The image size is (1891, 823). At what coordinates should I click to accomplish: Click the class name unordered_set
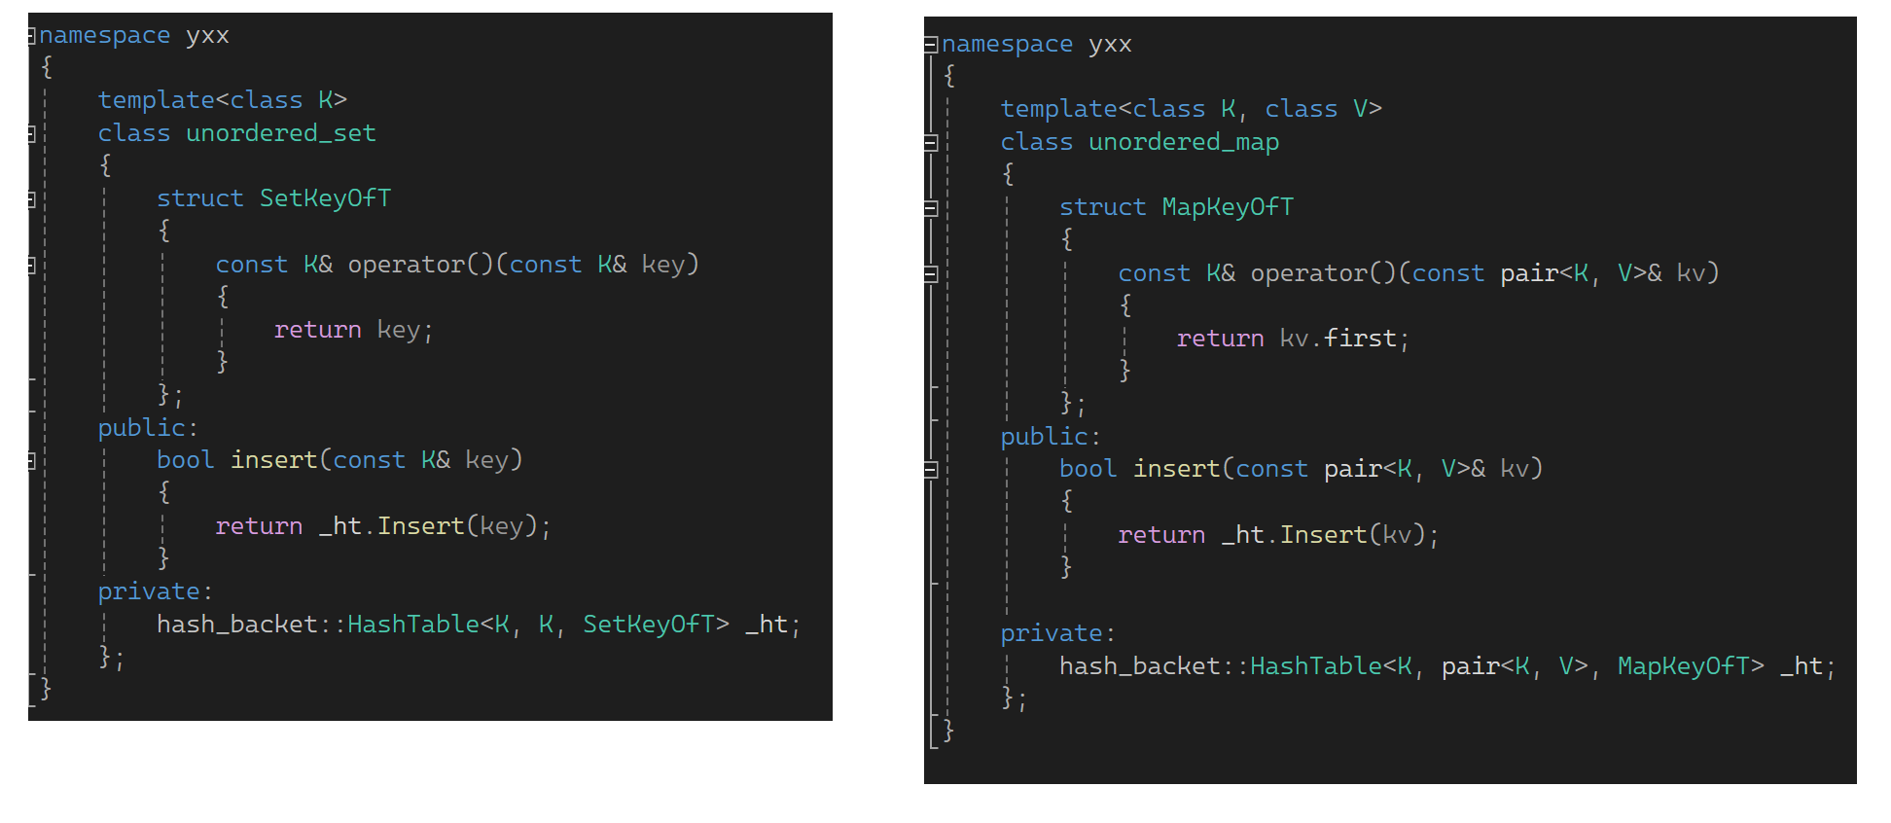(280, 133)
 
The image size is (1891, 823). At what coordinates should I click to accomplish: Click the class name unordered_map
(1183, 142)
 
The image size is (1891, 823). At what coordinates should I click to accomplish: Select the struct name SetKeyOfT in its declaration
(325, 198)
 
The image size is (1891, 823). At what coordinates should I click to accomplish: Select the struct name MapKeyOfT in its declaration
(1228, 207)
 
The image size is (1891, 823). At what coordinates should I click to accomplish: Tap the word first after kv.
(1360, 339)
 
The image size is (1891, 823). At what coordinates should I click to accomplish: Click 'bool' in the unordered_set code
(185, 460)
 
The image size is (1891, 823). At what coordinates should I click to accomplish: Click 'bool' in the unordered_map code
(1088, 469)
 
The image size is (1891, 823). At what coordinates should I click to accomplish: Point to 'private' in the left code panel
(149, 591)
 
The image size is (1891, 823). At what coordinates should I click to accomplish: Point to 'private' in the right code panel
(1052, 633)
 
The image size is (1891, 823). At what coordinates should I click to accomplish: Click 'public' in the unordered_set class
(141, 428)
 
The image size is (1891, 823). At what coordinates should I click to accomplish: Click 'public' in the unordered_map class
(1044, 437)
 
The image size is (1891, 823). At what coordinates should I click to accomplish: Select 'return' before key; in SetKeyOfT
(317, 330)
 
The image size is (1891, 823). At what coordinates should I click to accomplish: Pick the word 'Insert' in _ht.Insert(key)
(420, 526)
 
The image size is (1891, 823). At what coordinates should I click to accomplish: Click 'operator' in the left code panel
(407, 265)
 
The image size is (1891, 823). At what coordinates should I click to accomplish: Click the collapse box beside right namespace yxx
(931, 44)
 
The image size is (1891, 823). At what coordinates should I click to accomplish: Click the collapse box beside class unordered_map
(931, 143)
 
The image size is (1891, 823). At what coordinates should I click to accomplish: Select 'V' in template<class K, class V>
(1360, 109)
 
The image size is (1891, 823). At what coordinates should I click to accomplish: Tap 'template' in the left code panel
(156, 100)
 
